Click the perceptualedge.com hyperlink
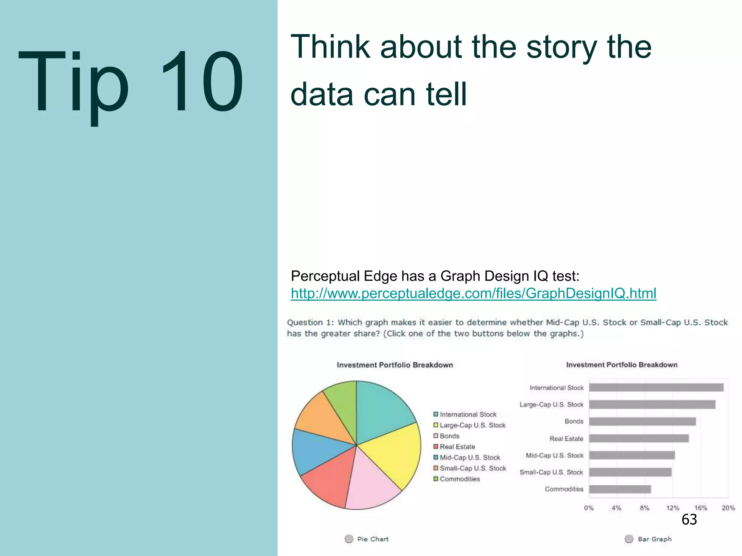(x=473, y=293)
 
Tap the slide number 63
(x=689, y=519)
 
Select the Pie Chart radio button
(x=349, y=539)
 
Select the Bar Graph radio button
(x=629, y=539)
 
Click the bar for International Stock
(x=656, y=388)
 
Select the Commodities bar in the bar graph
(x=620, y=489)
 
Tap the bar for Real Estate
(x=638, y=438)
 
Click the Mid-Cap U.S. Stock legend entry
(x=470, y=458)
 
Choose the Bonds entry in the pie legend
(x=449, y=436)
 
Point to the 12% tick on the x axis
(x=672, y=508)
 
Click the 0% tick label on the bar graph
(x=589, y=508)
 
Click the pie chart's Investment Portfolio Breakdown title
(x=395, y=365)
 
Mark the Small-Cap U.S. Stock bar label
(x=551, y=472)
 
